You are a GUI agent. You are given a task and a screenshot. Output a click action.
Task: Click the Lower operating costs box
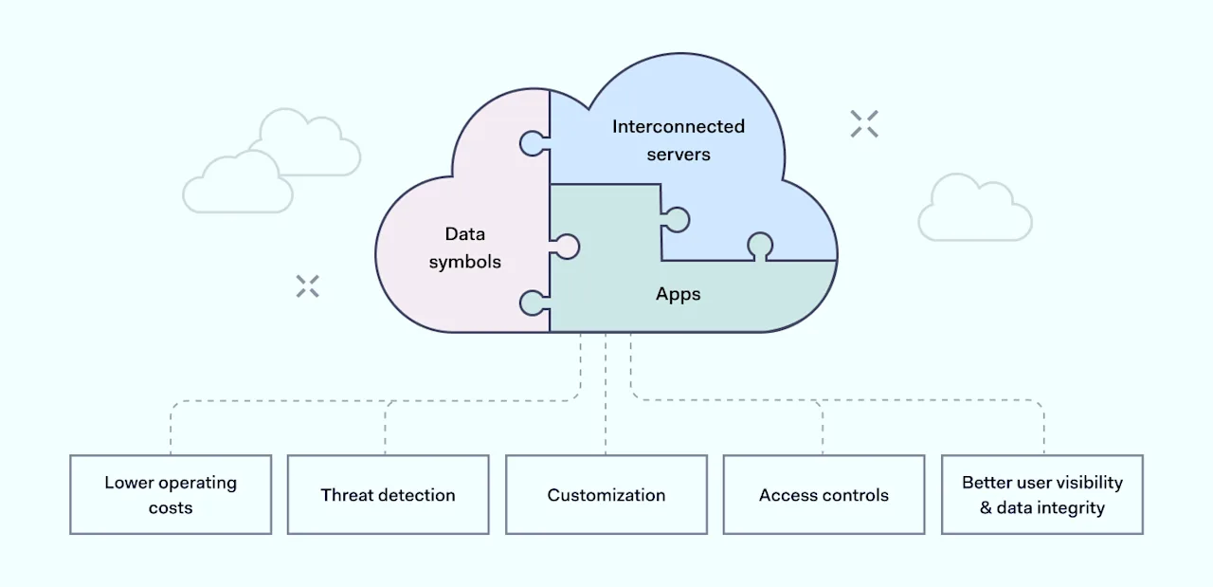point(171,494)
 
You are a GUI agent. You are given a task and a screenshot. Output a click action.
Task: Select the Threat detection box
point(388,494)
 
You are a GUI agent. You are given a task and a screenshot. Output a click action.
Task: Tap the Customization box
point(606,494)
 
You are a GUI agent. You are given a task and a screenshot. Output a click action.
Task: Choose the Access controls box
point(824,494)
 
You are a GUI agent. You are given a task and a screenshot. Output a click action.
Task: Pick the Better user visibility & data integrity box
point(1041,494)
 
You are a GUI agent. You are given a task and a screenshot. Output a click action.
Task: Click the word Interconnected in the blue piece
point(679,126)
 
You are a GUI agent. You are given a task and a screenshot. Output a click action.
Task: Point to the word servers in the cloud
point(679,154)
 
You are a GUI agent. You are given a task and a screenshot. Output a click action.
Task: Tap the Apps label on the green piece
point(679,294)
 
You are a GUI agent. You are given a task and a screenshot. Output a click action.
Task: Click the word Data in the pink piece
point(465,234)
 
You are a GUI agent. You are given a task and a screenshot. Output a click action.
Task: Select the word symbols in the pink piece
point(465,262)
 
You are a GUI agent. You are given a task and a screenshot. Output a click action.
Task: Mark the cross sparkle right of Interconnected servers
point(864,123)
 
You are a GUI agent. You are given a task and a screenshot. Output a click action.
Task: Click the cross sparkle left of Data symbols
point(307,286)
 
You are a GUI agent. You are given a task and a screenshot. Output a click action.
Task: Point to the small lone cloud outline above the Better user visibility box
point(974,209)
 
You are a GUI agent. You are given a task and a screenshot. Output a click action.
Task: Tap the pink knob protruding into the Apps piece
point(566,247)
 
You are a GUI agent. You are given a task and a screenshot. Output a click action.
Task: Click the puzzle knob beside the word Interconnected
point(533,143)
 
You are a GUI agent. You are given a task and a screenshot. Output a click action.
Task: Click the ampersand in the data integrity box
point(986,508)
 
